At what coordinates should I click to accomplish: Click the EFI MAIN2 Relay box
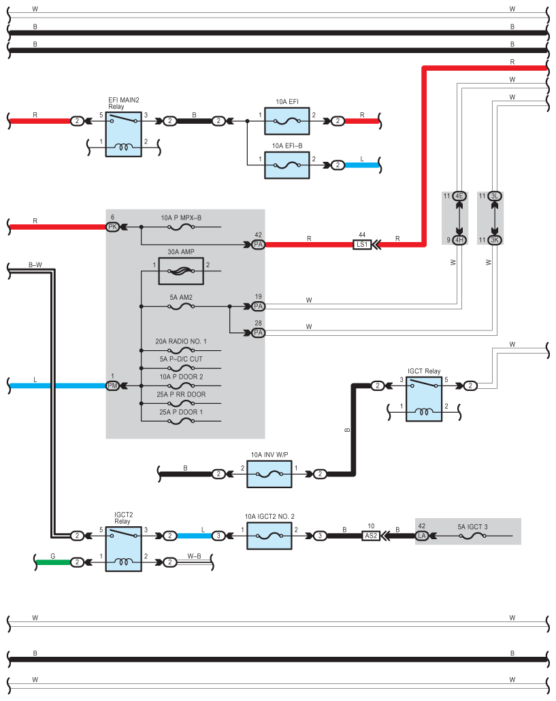(123, 134)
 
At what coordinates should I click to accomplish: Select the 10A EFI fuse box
(287, 121)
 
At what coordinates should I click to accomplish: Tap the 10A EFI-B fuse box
(287, 165)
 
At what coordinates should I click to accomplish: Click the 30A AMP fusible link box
(181, 271)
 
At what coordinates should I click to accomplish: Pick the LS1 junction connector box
(362, 245)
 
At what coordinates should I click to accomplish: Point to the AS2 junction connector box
(371, 536)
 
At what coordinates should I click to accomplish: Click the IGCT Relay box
(424, 399)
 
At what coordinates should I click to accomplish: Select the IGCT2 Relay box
(123, 549)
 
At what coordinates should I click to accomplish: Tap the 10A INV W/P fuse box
(269, 474)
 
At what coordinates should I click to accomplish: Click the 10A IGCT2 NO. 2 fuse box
(269, 536)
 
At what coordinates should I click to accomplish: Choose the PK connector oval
(113, 227)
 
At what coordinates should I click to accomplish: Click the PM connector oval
(113, 386)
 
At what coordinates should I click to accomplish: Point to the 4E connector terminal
(459, 196)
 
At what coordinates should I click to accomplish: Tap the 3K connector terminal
(494, 240)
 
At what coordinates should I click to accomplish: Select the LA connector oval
(422, 536)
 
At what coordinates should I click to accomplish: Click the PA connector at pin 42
(258, 245)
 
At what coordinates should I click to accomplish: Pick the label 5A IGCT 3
(472, 527)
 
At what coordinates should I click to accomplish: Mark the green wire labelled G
(53, 562)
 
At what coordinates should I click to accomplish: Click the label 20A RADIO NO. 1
(181, 341)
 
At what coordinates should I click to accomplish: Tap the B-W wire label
(35, 264)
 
